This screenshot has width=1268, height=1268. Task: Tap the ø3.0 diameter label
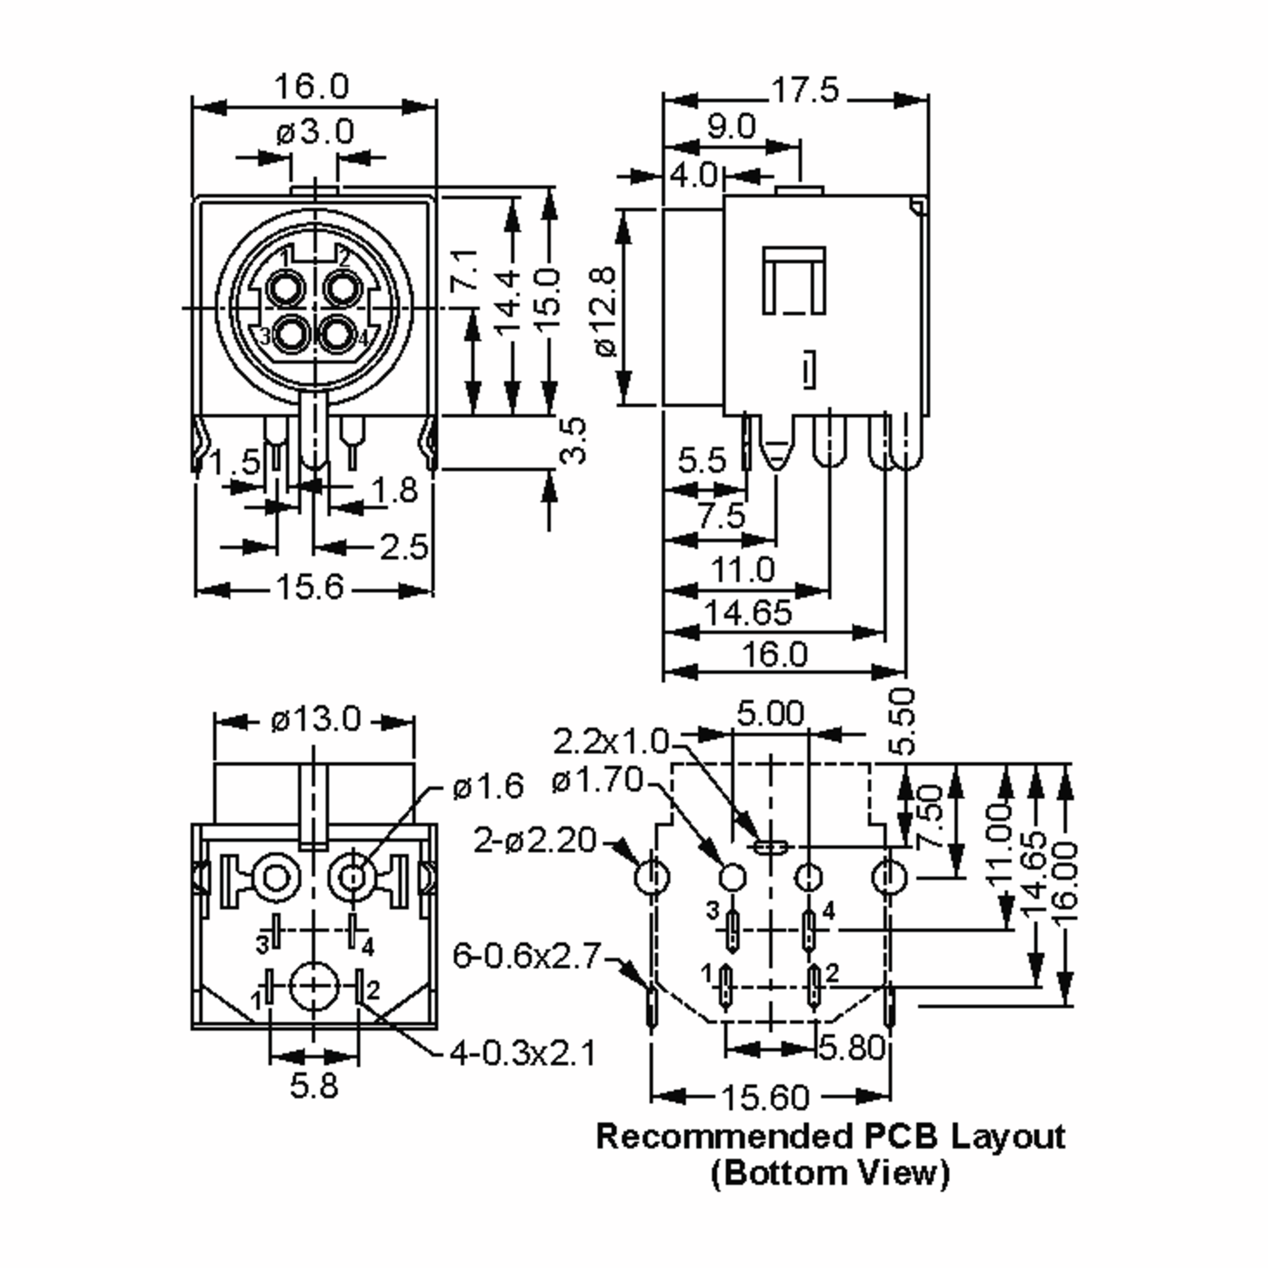[315, 132]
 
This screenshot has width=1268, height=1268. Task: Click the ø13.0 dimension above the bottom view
[316, 719]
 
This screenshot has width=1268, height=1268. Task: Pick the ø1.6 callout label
[488, 786]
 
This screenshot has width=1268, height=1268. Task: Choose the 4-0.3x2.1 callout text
[523, 1053]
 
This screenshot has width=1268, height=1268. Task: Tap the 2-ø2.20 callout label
[534, 841]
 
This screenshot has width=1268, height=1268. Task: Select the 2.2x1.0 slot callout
[610, 742]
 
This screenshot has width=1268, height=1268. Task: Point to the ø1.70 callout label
[596, 780]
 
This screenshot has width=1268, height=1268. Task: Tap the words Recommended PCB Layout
[830, 1136]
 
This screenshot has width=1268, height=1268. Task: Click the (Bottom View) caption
[830, 1173]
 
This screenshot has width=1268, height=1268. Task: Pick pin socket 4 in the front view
[339, 335]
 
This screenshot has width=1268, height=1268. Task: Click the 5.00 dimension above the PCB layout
[770, 713]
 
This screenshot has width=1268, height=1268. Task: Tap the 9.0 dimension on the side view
[731, 126]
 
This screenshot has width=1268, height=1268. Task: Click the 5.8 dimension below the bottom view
[314, 1086]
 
